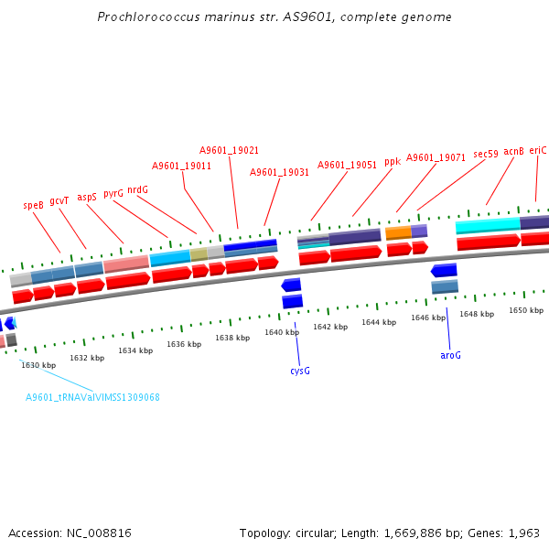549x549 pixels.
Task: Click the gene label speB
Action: [x=34, y=206]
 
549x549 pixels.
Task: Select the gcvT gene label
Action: [x=59, y=201]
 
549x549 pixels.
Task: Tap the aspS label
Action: [x=87, y=197]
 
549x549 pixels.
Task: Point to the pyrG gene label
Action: [x=113, y=194]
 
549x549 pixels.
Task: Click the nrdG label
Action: [x=137, y=190]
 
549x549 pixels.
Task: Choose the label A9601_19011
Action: [x=181, y=167]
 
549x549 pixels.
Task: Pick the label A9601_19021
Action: [x=229, y=150]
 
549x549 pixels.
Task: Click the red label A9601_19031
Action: [x=279, y=172]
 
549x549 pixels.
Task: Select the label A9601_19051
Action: [x=348, y=165]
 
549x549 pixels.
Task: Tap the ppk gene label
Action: [x=393, y=161]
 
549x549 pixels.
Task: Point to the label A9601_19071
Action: [x=436, y=157]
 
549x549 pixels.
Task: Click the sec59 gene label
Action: [x=486, y=155]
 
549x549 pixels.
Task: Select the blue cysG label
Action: [x=300, y=371]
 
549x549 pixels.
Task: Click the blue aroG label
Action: [x=450, y=355]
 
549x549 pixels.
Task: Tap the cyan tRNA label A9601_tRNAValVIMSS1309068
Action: [x=92, y=397]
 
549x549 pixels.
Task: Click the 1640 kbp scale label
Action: [x=282, y=332]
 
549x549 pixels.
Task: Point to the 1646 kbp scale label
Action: [x=428, y=318]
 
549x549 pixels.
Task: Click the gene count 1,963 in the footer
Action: [x=522, y=533]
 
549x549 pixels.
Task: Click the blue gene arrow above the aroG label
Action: [x=444, y=271]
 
